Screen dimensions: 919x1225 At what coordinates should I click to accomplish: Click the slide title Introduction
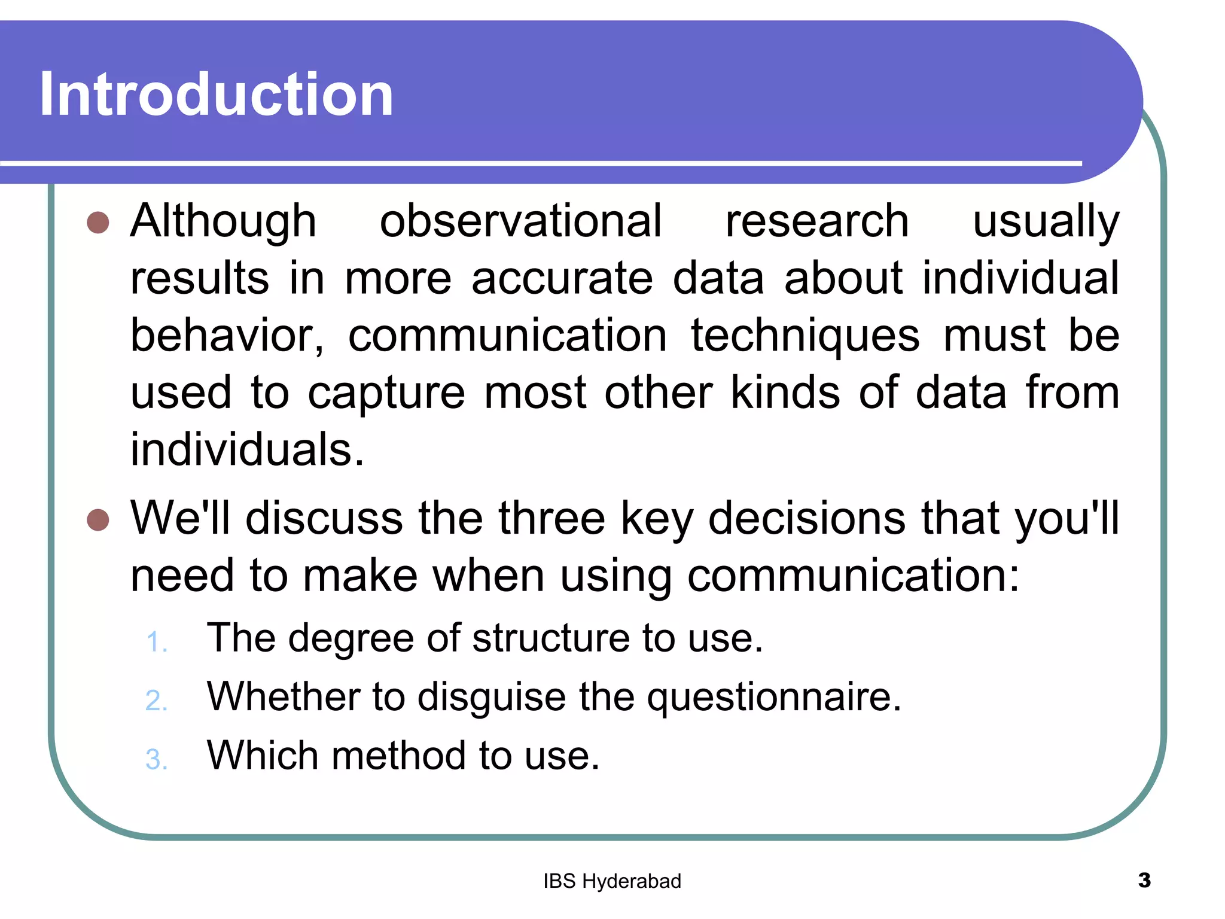[x=217, y=94]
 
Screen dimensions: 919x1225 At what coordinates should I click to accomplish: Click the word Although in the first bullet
[x=223, y=221]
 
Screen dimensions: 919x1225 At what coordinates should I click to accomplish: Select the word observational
[x=520, y=221]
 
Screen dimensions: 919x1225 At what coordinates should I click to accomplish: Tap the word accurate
[x=562, y=278]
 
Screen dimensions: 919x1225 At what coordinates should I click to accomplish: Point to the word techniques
[x=805, y=336]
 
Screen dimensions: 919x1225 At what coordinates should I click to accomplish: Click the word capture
[x=386, y=393]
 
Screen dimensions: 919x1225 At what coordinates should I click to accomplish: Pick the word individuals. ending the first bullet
[x=247, y=450]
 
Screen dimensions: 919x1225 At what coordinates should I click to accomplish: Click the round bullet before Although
[x=97, y=223]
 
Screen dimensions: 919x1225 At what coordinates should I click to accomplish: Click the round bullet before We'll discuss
[x=97, y=519]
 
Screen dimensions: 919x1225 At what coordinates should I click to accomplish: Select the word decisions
[x=807, y=518]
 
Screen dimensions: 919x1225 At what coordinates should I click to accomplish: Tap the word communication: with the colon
[x=853, y=576]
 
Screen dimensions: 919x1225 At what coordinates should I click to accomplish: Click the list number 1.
[x=156, y=642]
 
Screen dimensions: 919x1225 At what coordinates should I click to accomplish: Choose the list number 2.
[x=156, y=701]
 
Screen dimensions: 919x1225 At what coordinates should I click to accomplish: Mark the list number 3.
[x=156, y=759]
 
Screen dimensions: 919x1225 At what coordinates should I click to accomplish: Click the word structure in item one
[x=551, y=638]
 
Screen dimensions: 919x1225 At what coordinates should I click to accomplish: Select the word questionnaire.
[x=774, y=697]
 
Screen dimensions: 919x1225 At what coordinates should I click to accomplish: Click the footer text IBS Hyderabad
[x=612, y=881]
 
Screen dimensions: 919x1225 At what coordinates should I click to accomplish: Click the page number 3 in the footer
[x=1144, y=880]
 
